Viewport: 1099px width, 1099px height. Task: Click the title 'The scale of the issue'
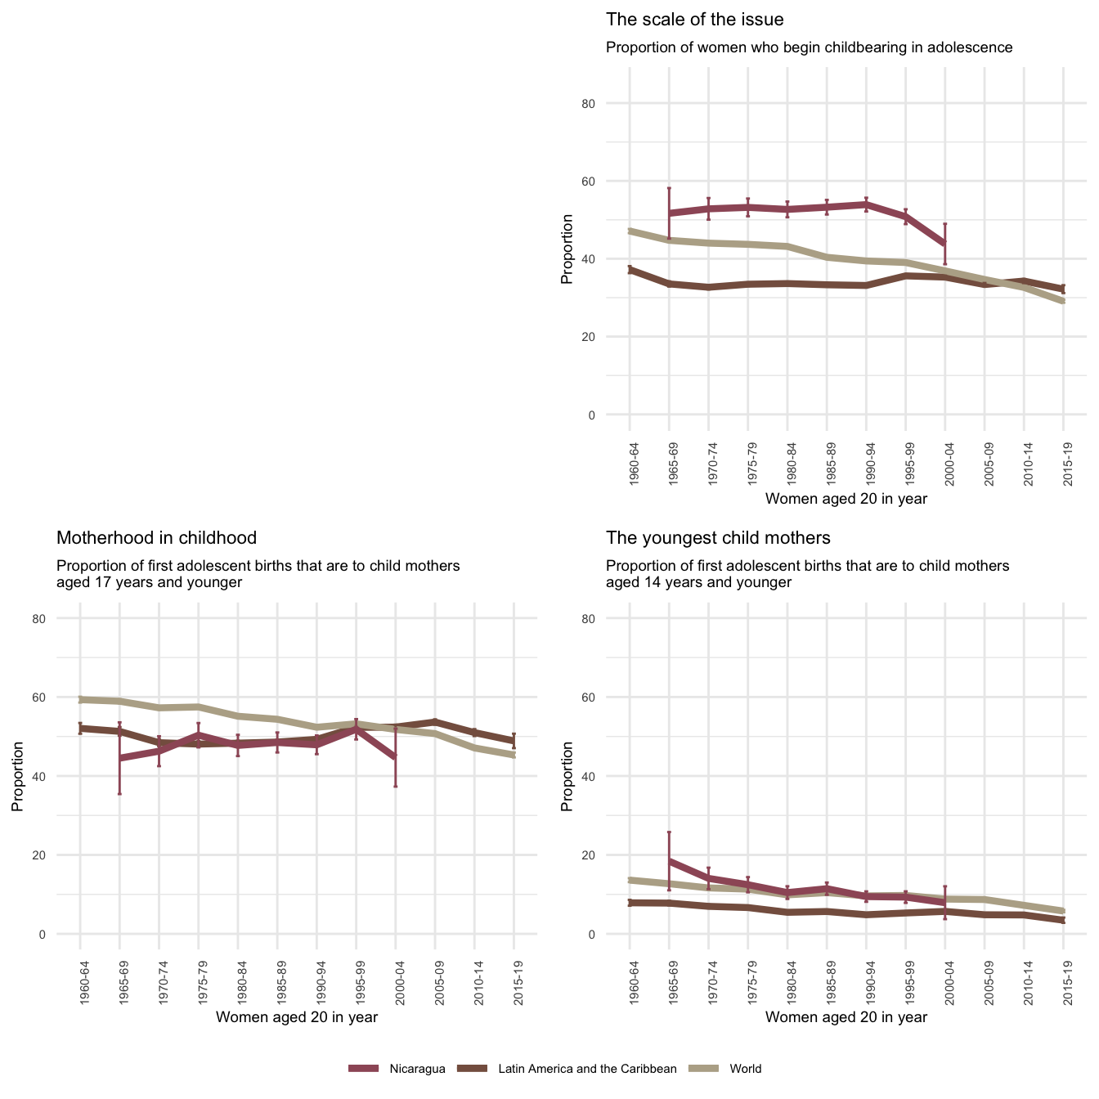[694, 19]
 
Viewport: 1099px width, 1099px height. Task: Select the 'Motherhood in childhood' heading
[156, 538]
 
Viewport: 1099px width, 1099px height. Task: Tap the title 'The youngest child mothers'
[718, 538]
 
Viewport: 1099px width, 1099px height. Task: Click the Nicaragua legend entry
[417, 1069]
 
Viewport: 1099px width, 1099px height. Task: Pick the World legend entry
[745, 1069]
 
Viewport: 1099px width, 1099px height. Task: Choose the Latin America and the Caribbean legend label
[587, 1069]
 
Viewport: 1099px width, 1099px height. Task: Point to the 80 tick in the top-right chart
[612, 104]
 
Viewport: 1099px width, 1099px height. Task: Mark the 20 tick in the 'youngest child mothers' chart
[612, 855]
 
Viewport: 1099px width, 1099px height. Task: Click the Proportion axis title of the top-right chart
[567, 249]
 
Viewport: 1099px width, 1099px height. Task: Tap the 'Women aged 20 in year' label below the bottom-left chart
[296, 1017]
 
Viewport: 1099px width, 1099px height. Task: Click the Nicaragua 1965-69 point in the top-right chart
[669, 213]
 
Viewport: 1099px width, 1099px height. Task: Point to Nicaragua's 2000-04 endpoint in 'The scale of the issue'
[944, 244]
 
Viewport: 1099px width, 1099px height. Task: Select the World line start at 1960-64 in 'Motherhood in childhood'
[80, 699]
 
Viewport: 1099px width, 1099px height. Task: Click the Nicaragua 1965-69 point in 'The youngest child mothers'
[669, 861]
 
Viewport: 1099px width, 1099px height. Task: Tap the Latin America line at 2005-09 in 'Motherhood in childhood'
[435, 721]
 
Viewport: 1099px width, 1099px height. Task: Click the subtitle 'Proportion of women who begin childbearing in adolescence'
[809, 47]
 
